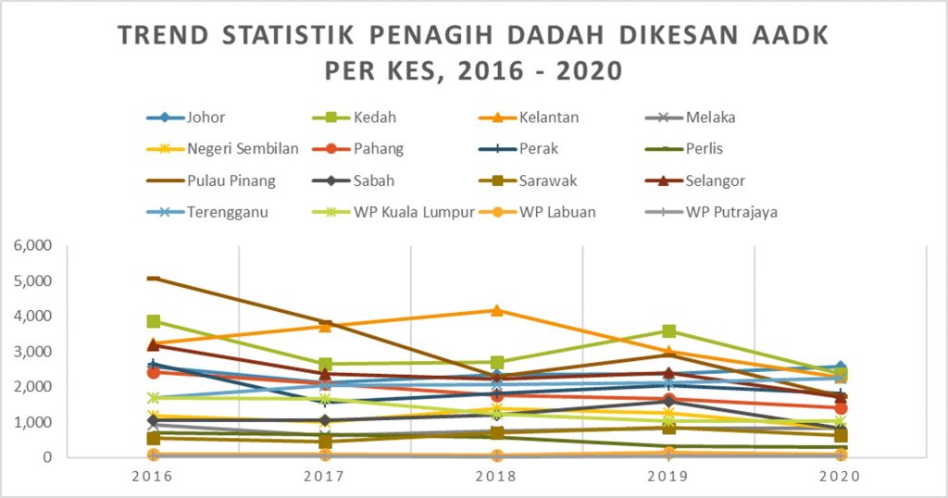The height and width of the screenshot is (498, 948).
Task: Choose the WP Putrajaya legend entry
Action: (x=731, y=212)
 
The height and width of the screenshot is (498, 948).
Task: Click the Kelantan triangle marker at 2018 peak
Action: (x=497, y=310)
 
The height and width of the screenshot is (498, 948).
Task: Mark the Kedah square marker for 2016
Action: (x=154, y=321)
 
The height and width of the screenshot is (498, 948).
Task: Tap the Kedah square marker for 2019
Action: (x=668, y=331)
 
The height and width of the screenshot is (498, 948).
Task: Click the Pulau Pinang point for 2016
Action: (x=154, y=278)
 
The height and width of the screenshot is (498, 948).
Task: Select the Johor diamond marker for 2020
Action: (x=841, y=367)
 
